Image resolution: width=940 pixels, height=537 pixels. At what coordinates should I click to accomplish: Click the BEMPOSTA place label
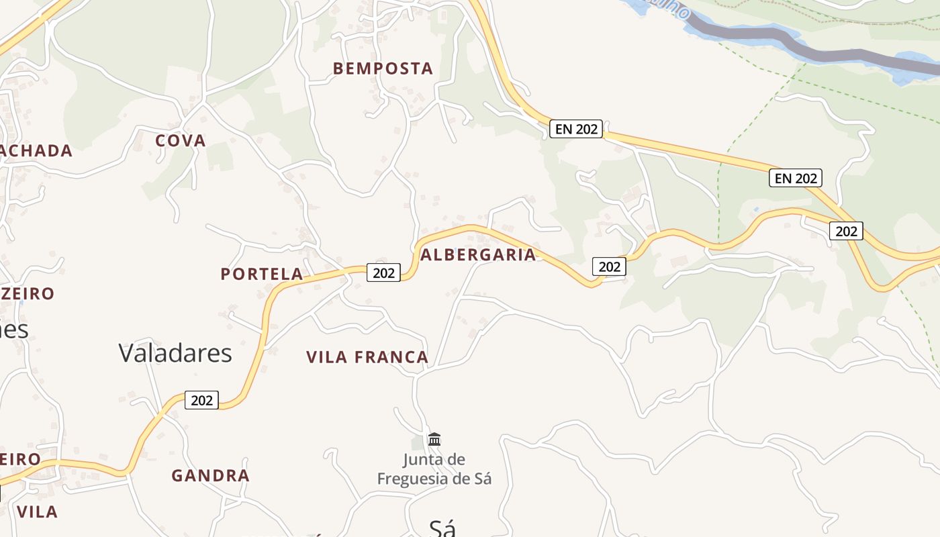coord(383,68)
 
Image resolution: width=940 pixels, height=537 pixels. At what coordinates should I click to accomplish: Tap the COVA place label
coord(181,141)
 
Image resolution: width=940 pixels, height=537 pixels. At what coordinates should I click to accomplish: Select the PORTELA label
coord(262,274)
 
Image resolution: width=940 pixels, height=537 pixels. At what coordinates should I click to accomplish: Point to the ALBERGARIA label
coord(478,255)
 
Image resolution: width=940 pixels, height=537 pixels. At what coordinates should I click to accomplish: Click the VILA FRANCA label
coord(367,357)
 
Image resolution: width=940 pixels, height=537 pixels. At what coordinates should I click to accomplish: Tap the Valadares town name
coord(175,353)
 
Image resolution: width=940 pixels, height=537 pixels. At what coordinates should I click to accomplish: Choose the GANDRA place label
coord(210,476)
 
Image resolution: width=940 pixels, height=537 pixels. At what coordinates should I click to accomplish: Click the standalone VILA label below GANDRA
coord(37,511)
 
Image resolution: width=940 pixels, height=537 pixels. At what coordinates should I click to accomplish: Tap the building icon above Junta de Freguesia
coord(434,440)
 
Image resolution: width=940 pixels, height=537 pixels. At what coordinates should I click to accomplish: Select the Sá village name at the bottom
coord(442,528)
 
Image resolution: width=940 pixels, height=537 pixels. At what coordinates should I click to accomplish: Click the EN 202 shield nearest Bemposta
coord(576,129)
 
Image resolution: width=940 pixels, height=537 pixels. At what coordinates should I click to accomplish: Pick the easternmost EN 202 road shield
coord(796,178)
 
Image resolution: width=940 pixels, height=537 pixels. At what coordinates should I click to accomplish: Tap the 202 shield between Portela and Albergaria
coord(383,273)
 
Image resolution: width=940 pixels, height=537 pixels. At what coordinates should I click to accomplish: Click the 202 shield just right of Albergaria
coord(609,266)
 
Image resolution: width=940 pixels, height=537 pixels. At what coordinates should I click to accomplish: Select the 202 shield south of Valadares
coord(201,400)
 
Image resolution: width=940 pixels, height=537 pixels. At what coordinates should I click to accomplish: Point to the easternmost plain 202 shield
coord(846,231)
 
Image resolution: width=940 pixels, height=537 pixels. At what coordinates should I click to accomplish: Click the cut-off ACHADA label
coord(36,151)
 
